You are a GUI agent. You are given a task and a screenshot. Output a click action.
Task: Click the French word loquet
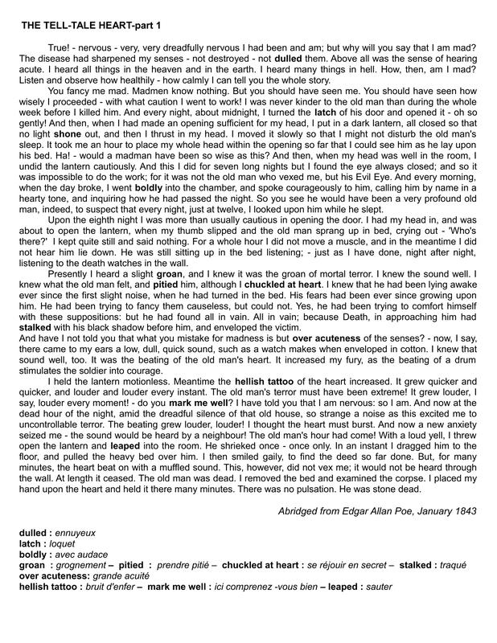click(x=64, y=543)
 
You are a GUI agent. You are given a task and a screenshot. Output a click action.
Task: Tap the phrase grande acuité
click(x=120, y=576)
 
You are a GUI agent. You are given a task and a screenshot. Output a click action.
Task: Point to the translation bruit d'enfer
click(x=105, y=587)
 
